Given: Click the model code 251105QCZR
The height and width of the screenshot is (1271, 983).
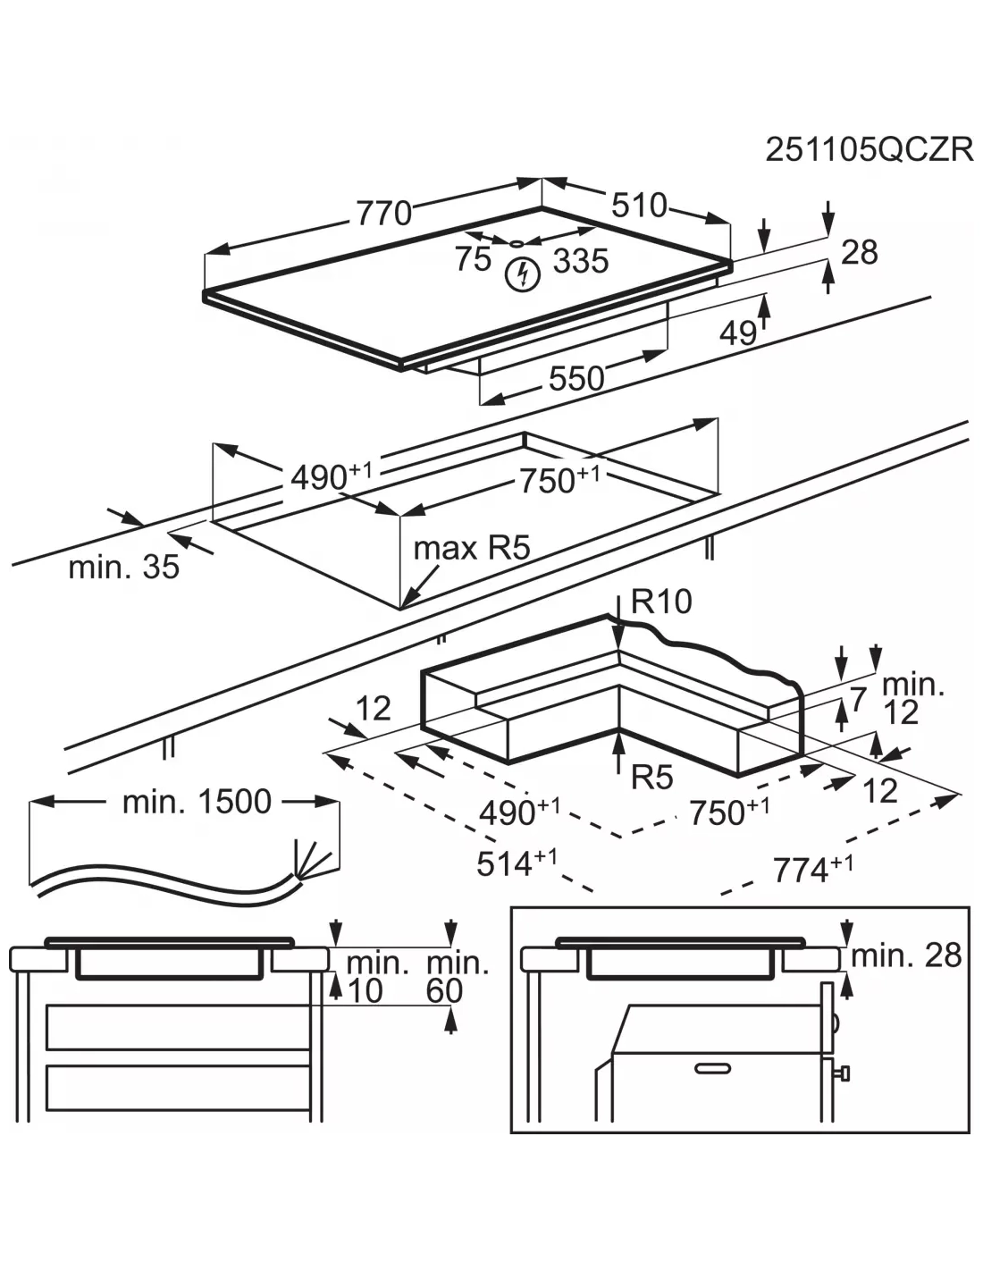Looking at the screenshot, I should [868, 149].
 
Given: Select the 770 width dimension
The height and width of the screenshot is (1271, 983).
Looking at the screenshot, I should [383, 214].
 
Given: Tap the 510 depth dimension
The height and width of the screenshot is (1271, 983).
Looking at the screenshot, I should [639, 206].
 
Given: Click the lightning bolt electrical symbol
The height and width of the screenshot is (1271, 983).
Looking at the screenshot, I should [523, 274].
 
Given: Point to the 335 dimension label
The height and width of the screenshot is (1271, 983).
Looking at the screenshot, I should [580, 261].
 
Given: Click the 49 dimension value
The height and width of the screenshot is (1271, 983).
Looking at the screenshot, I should [738, 333].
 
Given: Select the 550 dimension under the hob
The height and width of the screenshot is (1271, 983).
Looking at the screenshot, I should [576, 378].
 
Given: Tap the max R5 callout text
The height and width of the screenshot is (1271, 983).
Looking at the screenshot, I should [471, 547].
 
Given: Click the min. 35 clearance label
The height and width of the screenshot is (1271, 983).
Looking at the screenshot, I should [123, 566].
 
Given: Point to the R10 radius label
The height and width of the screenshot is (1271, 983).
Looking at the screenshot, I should [661, 602].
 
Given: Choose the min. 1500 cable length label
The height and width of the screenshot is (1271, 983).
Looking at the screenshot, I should [196, 802].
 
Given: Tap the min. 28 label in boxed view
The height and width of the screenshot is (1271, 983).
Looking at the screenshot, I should [905, 955].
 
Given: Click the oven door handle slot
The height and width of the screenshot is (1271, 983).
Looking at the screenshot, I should [711, 1067].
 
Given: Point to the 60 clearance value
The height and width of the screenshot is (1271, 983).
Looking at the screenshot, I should [444, 990].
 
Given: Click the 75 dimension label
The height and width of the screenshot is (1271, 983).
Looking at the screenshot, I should [473, 258].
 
